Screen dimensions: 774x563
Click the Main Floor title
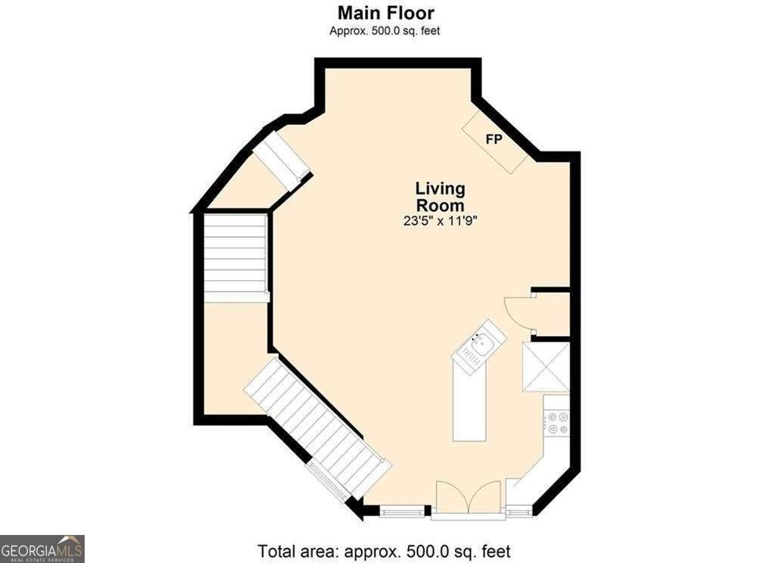[x=386, y=12]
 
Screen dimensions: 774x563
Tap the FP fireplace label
[x=494, y=140]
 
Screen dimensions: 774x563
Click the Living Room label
[x=440, y=197]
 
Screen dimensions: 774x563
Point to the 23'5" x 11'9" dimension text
[x=440, y=221]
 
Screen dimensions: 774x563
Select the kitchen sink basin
[x=479, y=344]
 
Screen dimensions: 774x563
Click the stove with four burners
[x=557, y=422]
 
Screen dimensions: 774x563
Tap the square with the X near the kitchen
[x=546, y=367]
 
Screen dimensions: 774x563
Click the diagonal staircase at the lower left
[x=317, y=427]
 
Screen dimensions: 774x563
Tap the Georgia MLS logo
[x=42, y=549]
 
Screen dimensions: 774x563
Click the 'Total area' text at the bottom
[x=384, y=551]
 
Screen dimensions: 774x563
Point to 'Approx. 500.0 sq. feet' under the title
[x=385, y=30]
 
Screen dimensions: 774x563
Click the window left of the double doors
[x=402, y=511]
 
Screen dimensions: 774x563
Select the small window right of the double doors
[x=518, y=511]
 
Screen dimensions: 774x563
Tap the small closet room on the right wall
[x=552, y=315]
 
